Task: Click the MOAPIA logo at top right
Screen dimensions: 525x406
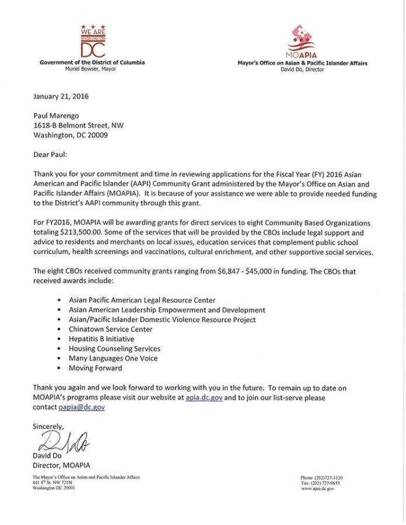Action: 302,41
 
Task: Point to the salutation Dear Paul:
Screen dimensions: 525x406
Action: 51,156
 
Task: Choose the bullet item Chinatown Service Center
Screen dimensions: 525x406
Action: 110,329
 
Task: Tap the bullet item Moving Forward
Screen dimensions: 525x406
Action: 95,368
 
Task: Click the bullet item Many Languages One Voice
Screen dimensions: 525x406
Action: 113,358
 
